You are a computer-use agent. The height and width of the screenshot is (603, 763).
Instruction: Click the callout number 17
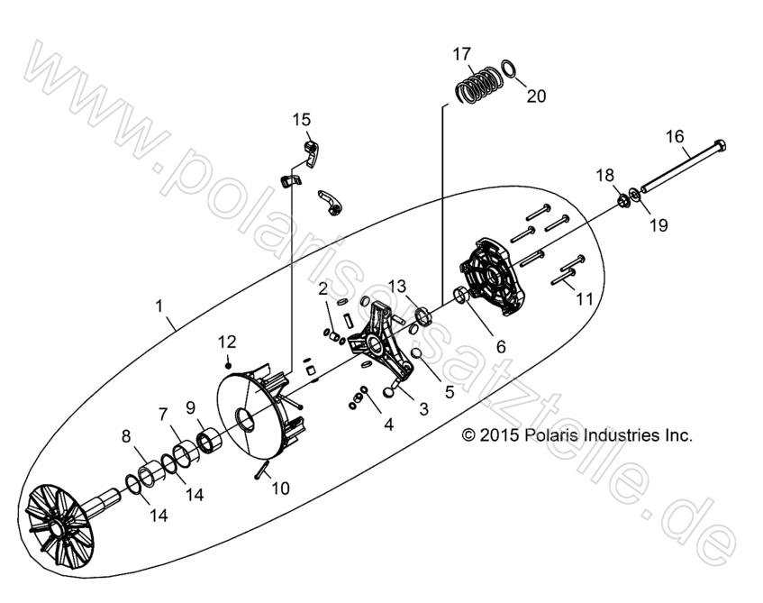click(x=462, y=54)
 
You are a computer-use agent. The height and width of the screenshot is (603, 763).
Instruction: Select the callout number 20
click(x=536, y=96)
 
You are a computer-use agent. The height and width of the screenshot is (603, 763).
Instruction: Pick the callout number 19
click(x=659, y=224)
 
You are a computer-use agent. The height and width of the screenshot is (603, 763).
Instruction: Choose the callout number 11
click(x=585, y=299)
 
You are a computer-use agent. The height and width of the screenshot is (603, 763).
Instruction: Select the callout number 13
click(x=397, y=286)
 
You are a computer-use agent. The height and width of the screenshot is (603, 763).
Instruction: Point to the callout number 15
click(x=301, y=119)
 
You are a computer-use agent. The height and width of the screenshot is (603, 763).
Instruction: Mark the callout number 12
click(x=226, y=341)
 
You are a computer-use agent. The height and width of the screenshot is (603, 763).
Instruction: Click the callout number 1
click(x=159, y=306)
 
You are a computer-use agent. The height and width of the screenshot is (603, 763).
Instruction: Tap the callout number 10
click(x=280, y=489)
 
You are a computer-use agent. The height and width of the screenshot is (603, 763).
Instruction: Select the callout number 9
click(x=191, y=407)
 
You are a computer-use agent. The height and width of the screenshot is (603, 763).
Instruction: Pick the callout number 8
click(x=127, y=436)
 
